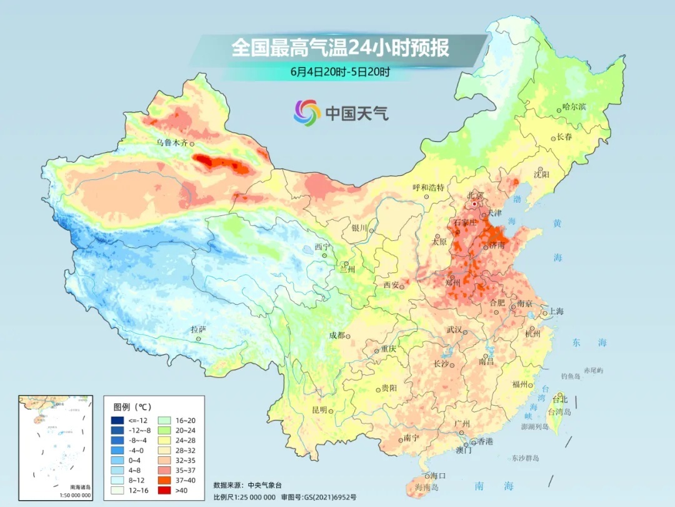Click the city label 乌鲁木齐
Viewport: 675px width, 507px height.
pyautogui.click(x=171, y=143)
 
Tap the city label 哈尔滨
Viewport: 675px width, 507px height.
pyautogui.click(x=574, y=107)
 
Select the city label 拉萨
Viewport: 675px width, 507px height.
pyautogui.click(x=198, y=329)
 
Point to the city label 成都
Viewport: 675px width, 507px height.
pyautogui.click(x=337, y=335)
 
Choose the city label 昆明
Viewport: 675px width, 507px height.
pyautogui.click(x=319, y=409)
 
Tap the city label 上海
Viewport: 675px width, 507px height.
pyautogui.click(x=556, y=311)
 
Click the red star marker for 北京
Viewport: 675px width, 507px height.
pyautogui.click(x=475, y=203)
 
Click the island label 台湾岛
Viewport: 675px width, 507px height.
pyautogui.click(x=559, y=412)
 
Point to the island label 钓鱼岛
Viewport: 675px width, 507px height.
pyautogui.click(x=571, y=376)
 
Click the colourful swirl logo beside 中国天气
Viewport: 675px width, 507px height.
pyautogui.click(x=307, y=113)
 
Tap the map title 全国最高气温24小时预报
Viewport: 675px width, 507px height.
pyautogui.click(x=341, y=48)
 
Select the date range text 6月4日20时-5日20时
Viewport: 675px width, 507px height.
pyautogui.click(x=340, y=72)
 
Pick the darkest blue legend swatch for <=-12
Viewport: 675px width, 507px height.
pyautogui.click(x=118, y=420)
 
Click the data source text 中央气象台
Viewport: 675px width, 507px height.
pyautogui.click(x=266, y=484)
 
